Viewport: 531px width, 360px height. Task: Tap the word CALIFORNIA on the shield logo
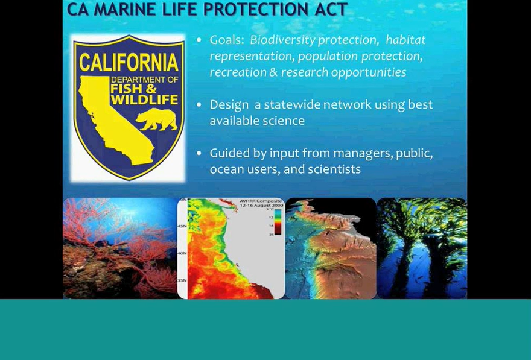point(129,62)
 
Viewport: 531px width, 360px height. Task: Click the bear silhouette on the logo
point(157,119)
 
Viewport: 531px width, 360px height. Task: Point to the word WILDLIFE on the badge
point(144,99)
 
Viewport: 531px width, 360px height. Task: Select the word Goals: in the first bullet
point(227,40)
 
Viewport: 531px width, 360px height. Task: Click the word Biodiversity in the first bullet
point(282,40)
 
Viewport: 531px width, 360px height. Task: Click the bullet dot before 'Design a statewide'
point(199,105)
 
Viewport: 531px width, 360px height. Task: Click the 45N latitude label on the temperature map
point(182,226)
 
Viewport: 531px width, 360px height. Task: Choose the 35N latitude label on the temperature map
point(182,280)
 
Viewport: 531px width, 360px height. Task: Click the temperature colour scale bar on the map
point(278,222)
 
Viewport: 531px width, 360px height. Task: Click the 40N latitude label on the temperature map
point(182,253)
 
